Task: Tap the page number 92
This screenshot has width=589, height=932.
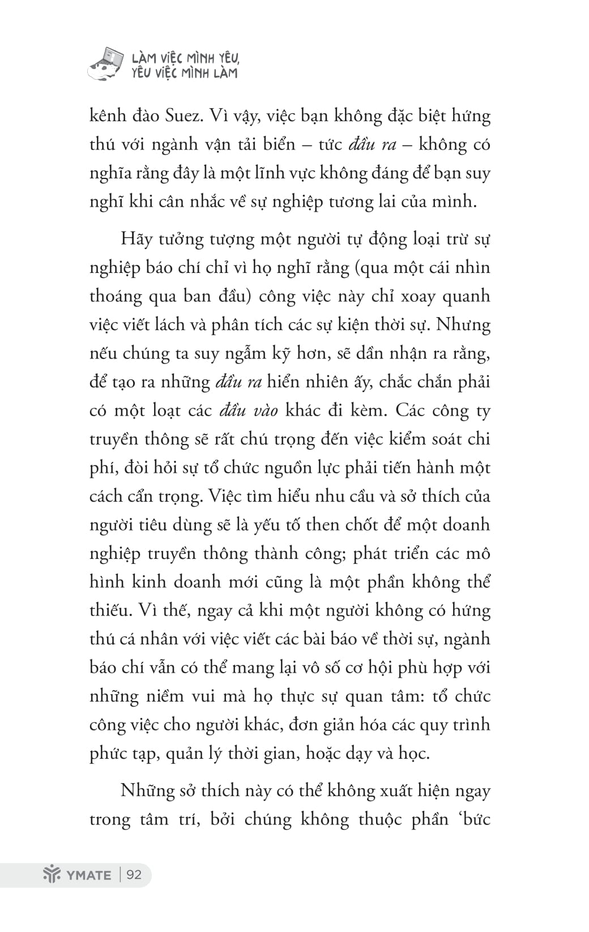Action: (x=134, y=874)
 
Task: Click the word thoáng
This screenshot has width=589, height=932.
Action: (x=116, y=296)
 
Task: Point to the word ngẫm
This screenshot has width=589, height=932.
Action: (x=244, y=353)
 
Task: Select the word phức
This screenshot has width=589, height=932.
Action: (x=106, y=754)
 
